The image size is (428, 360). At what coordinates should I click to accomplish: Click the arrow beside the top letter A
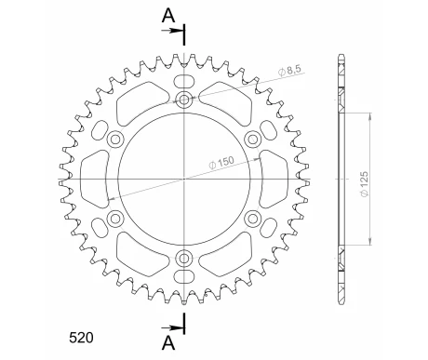174,32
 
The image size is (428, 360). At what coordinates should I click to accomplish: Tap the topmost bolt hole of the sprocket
184,100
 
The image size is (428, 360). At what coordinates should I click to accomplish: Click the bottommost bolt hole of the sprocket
184,257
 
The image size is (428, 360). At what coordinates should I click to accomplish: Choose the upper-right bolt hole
252,140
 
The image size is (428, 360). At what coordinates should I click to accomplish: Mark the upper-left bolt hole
116,140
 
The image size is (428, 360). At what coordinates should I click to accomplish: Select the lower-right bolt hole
252,218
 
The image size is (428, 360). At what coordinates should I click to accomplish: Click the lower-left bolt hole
116,218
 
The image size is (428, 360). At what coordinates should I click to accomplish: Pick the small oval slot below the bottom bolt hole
184,276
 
